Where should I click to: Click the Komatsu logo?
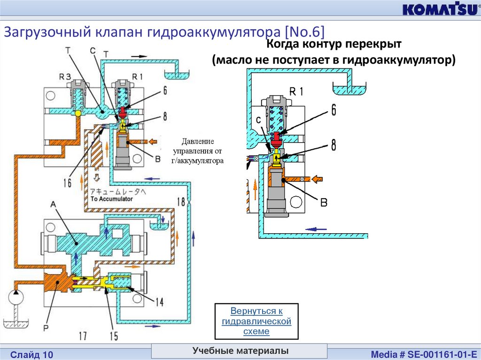438,9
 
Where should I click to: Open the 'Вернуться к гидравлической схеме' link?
256,321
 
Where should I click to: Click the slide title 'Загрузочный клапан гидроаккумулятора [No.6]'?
164,32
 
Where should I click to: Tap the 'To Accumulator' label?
111,199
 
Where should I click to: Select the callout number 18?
181,202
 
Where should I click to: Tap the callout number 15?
113,336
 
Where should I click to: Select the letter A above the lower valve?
53,205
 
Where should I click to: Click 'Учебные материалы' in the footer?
240,351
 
